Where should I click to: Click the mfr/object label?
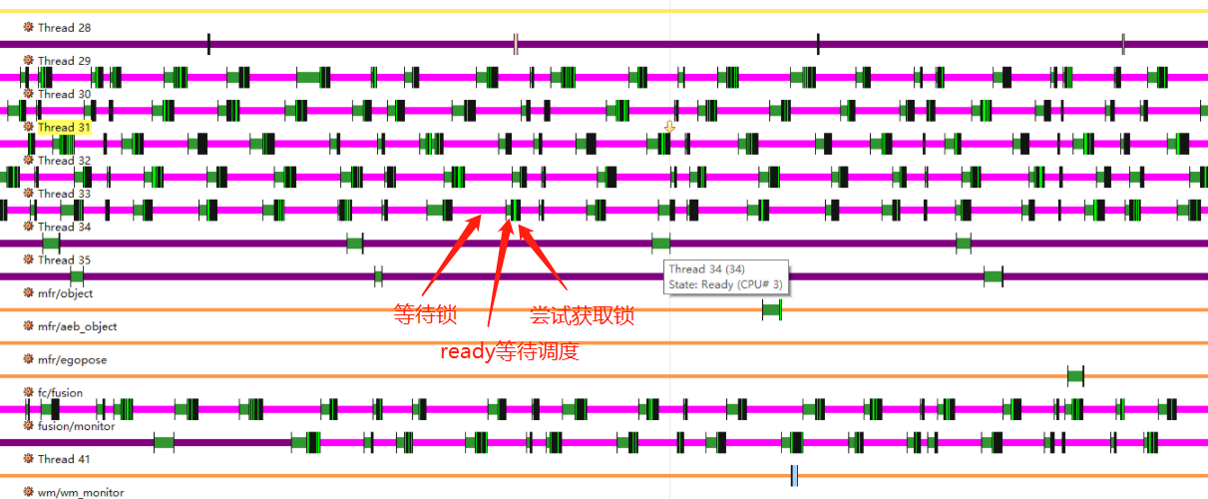pyautogui.click(x=65, y=293)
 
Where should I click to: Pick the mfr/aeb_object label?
pyautogui.click(x=77, y=326)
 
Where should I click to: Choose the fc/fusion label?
pyautogui.click(x=61, y=393)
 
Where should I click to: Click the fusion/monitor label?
pyautogui.click(x=76, y=426)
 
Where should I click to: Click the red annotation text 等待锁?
pyautogui.click(x=425, y=316)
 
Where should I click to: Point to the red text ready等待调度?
pyautogui.click(x=510, y=351)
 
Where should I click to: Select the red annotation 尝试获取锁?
pyautogui.click(x=582, y=316)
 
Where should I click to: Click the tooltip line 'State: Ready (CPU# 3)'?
pyautogui.click(x=725, y=284)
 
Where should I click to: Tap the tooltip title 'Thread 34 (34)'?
pyautogui.click(x=706, y=269)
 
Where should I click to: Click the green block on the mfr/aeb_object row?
pyautogui.click(x=771, y=310)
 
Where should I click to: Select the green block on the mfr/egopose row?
pyautogui.click(x=1075, y=376)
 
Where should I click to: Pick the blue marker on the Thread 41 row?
pyautogui.click(x=794, y=475)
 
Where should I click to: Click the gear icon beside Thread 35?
pyautogui.click(x=29, y=259)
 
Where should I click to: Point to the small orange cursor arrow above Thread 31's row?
pyautogui.click(x=669, y=128)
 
